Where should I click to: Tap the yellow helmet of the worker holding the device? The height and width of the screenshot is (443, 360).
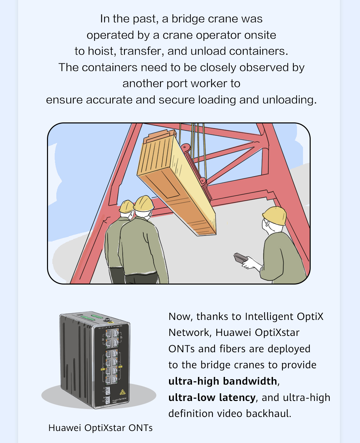click(x=275, y=215)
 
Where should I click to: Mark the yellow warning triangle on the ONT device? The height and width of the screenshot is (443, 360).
click(x=122, y=392)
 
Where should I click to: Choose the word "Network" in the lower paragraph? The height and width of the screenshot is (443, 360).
click(x=190, y=333)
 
